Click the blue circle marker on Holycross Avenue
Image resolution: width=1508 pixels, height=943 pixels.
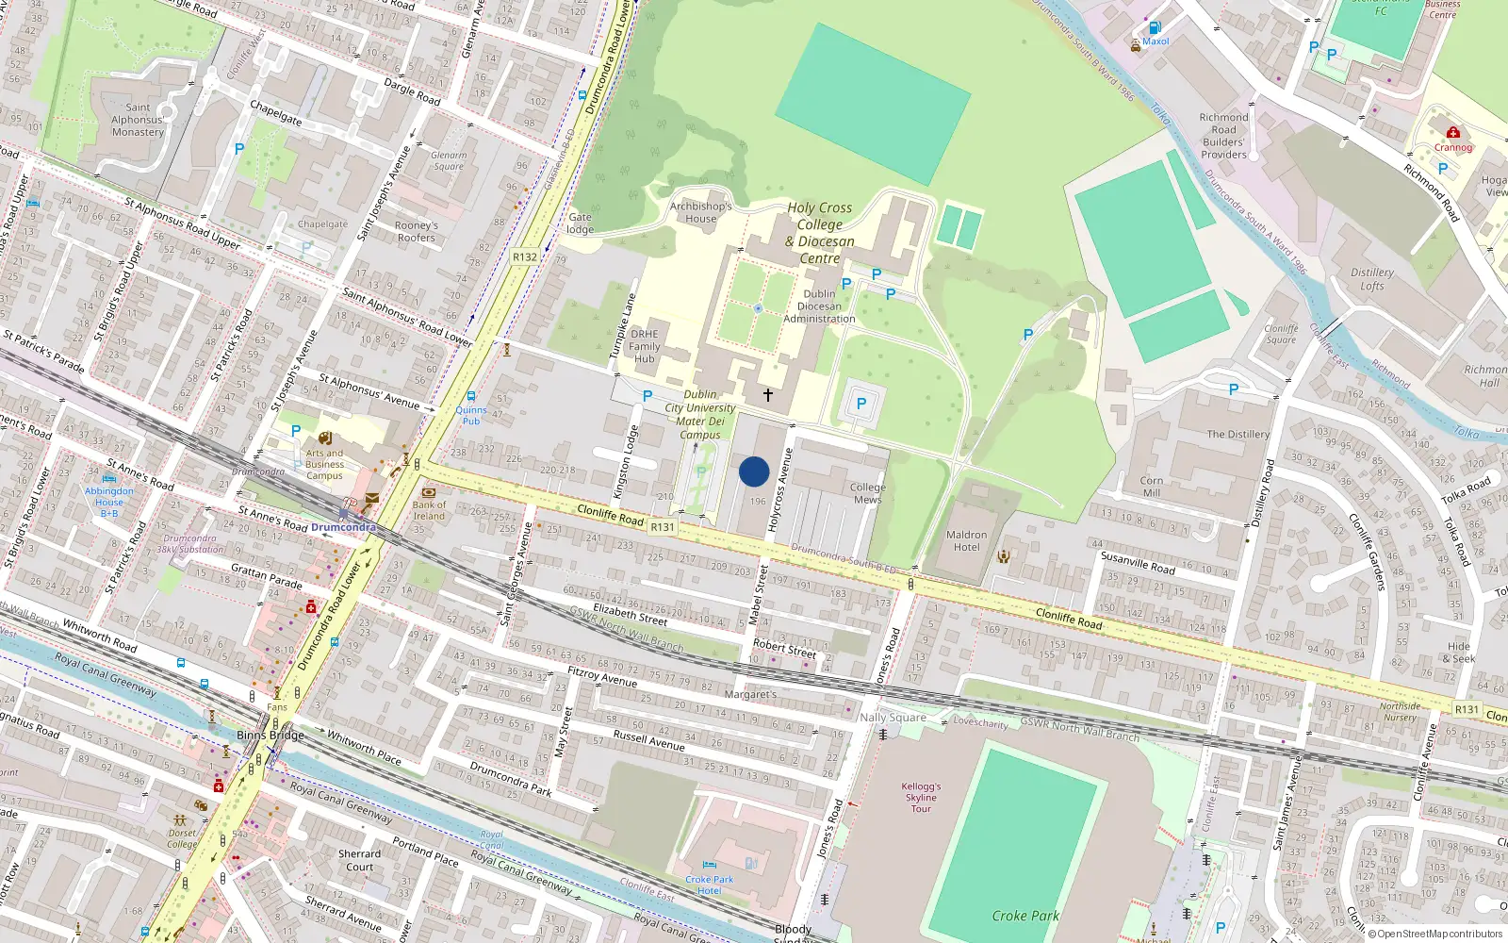tap(754, 471)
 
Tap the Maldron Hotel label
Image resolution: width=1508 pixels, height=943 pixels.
tap(966, 540)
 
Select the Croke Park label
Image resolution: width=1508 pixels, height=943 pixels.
tap(1025, 916)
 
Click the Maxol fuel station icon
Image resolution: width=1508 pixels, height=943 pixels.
tap(1155, 28)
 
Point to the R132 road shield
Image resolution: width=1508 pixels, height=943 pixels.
tap(524, 256)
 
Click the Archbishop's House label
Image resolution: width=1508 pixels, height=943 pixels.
tap(700, 212)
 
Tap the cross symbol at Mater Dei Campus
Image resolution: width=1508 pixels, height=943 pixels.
tap(768, 395)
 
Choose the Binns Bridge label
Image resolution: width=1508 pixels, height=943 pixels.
tap(270, 735)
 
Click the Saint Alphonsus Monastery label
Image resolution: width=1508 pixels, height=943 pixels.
tap(138, 120)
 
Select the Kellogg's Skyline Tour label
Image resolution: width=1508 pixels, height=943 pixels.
tap(921, 797)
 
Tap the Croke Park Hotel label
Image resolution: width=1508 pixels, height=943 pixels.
tap(709, 885)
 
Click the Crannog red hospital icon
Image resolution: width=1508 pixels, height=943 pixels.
tap(1453, 133)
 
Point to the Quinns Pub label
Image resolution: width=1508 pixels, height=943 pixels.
tap(471, 415)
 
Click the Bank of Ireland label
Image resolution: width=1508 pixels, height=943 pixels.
tap(429, 510)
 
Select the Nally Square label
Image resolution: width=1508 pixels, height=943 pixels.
tap(893, 718)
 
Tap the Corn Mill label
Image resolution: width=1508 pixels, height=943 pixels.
tap(1152, 487)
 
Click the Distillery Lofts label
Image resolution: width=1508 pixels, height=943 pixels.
tap(1372, 279)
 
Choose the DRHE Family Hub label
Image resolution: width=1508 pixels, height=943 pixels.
tap(645, 346)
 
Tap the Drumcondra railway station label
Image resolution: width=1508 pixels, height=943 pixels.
tap(343, 527)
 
